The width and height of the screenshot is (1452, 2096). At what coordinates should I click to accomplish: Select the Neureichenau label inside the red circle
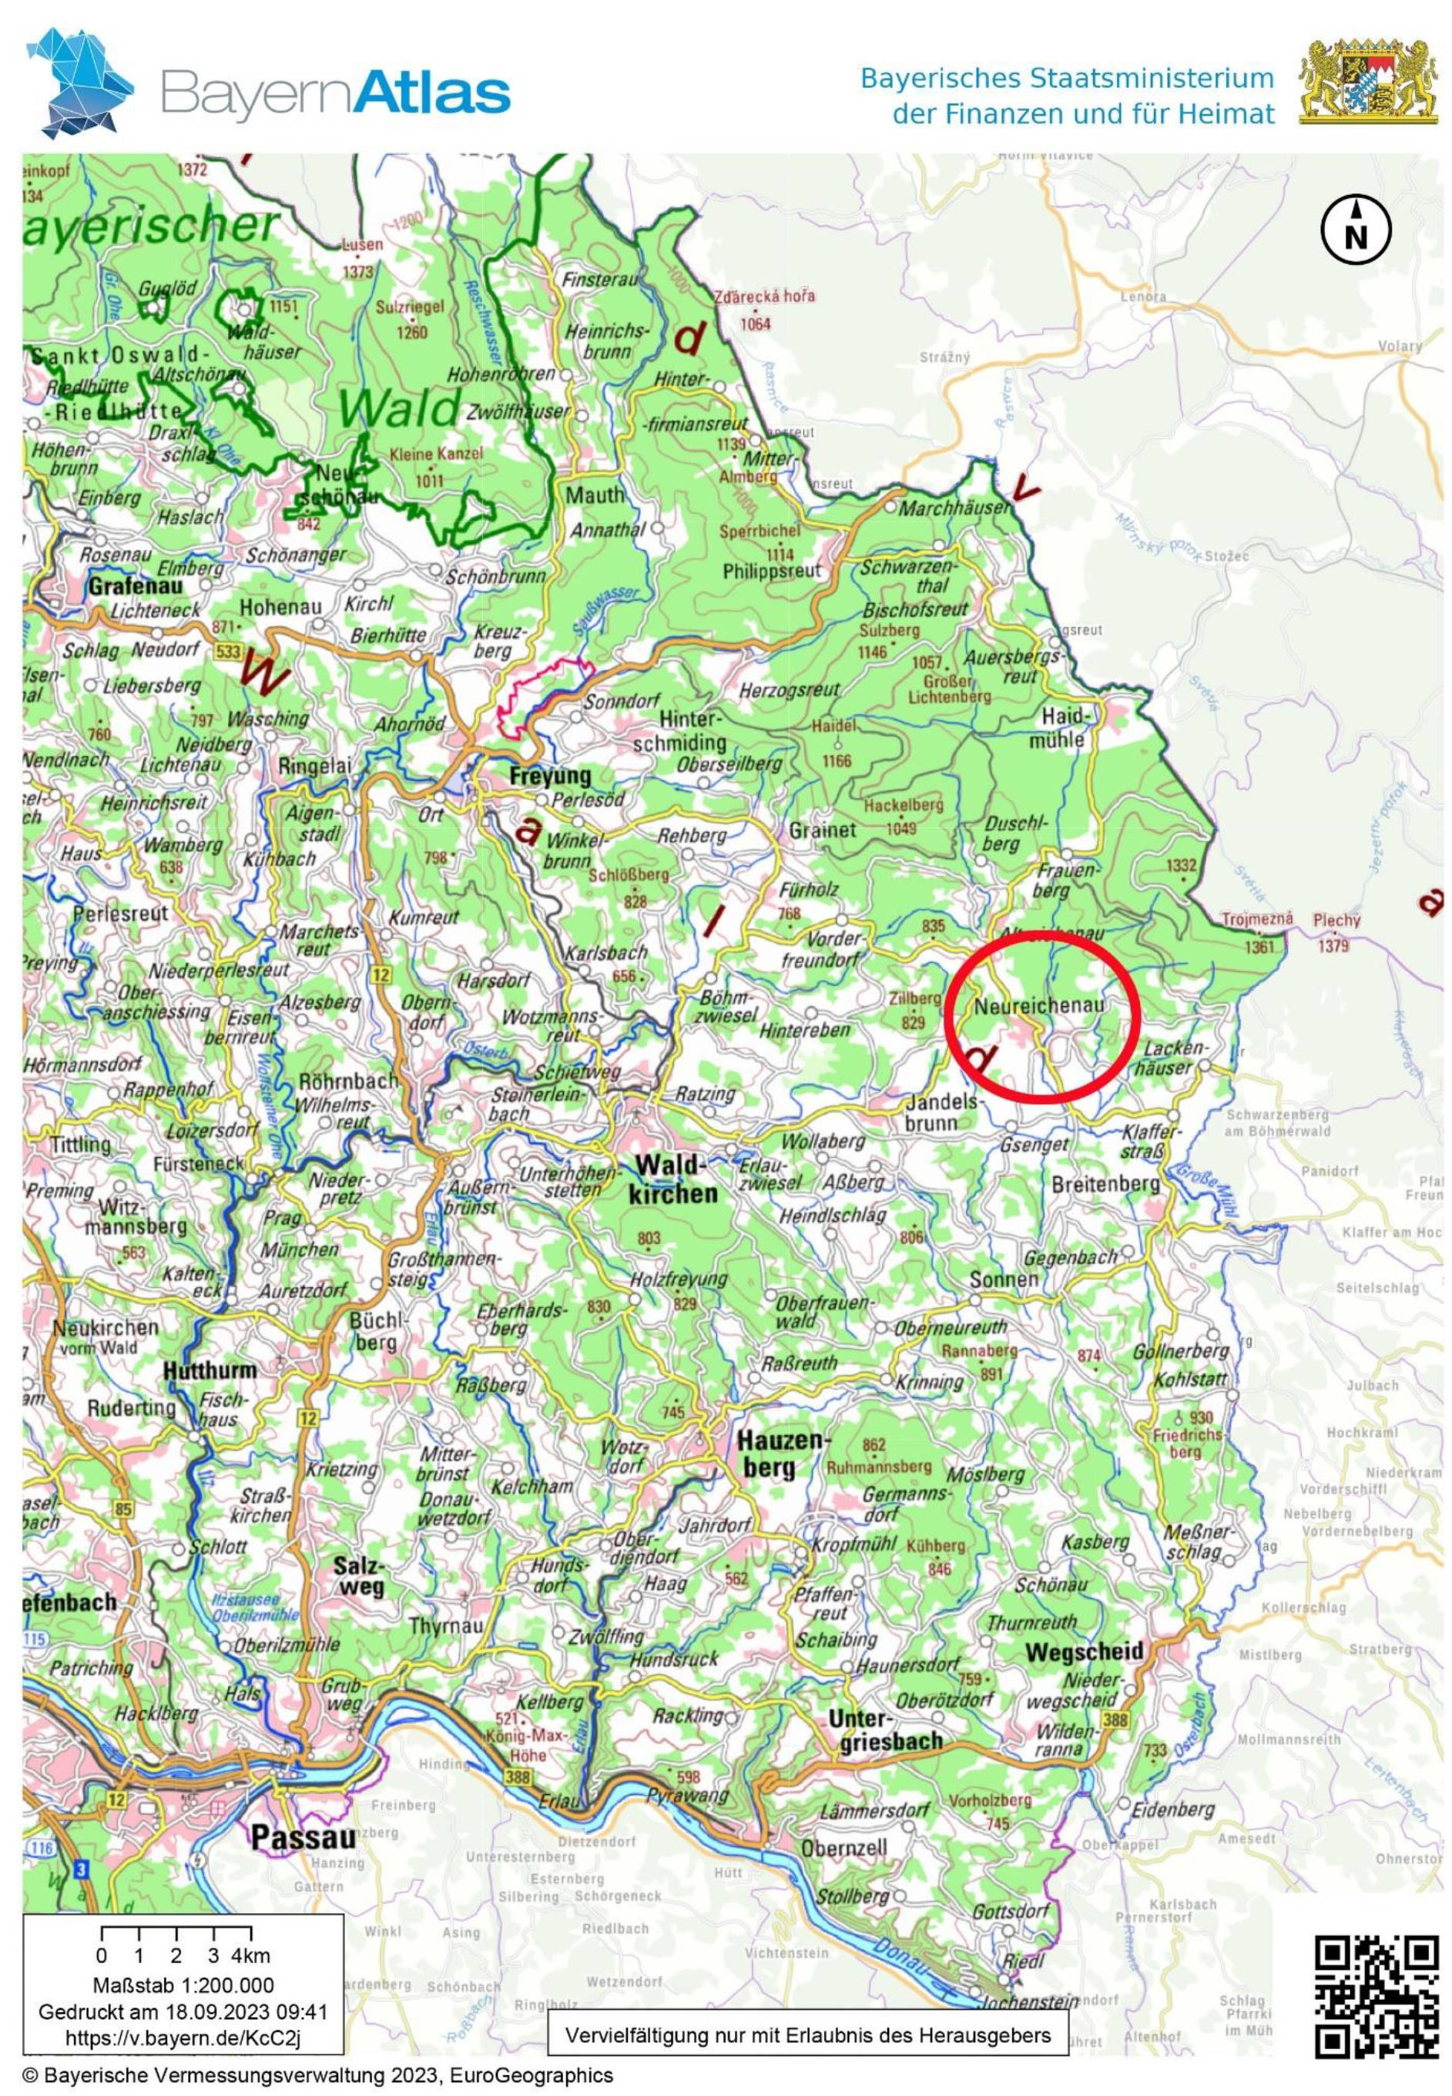point(1039,1006)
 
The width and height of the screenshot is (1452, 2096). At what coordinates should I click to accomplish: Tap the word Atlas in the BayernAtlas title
point(433,94)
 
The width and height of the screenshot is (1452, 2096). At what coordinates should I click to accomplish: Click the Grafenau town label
point(135,586)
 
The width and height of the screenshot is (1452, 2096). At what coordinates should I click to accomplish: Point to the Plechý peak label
point(1336,920)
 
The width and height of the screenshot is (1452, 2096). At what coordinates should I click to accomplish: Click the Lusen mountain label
point(362,245)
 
